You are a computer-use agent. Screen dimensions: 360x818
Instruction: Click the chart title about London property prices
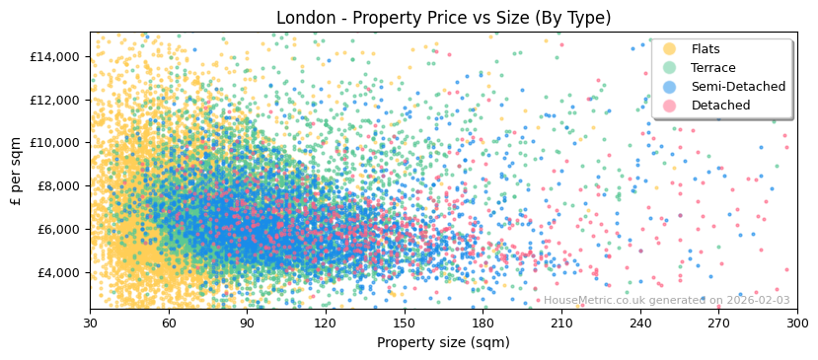coord(443,18)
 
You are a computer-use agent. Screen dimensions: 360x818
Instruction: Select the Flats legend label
coord(706,49)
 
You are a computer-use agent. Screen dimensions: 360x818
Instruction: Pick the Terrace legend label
coord(713,68)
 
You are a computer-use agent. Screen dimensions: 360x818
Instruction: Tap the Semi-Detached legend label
coord(738,87)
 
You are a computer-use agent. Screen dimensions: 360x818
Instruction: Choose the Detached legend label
coord(720,106)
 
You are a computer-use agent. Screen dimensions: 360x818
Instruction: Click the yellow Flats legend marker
coord(670,49)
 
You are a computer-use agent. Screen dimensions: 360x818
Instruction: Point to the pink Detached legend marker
coord(670,106)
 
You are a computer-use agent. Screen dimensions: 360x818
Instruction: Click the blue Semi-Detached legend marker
coord(670,87)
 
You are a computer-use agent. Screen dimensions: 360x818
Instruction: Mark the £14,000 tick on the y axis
coord(55,56)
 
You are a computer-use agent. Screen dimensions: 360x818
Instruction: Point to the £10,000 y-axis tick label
coord(55,142)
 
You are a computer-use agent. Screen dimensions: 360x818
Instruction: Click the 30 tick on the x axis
coord(90,324)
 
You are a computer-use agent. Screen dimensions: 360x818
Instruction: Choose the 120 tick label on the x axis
coord(326,324)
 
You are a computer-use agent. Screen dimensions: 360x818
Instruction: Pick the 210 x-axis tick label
coord(561,324)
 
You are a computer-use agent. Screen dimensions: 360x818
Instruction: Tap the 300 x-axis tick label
coord(797,324)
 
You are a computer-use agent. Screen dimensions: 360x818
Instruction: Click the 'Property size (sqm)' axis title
coord(443,343)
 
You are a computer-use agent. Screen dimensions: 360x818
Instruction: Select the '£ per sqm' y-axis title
coord(17,171)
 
